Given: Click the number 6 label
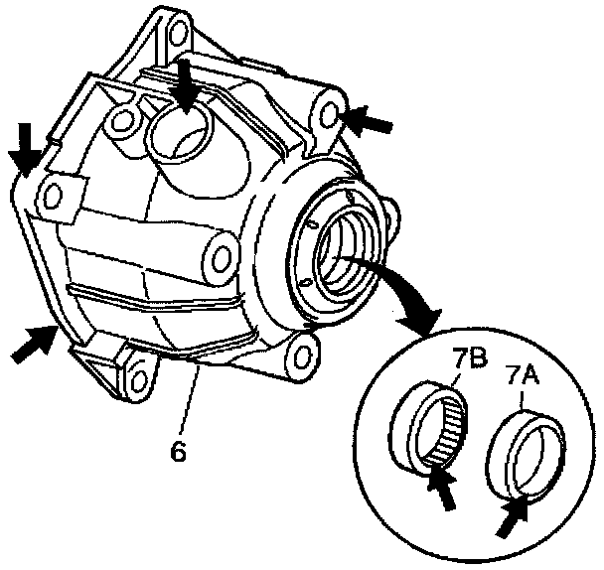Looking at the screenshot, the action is coord(179,450).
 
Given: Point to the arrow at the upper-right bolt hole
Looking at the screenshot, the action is coord(368,122).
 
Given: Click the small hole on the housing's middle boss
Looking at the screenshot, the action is coord(220,251).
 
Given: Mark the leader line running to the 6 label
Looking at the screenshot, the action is coord(191,401).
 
